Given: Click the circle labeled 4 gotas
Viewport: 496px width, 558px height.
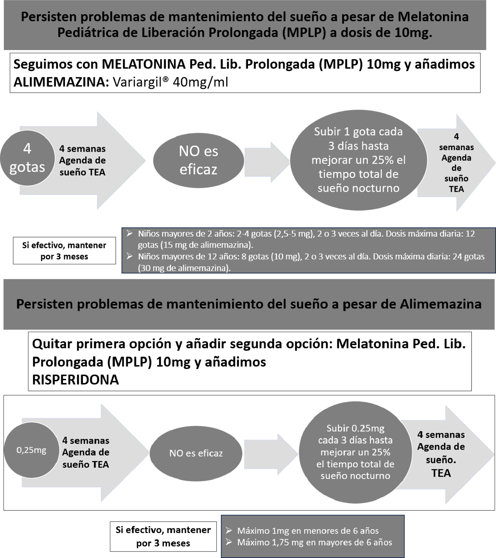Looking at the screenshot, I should coord(27,158).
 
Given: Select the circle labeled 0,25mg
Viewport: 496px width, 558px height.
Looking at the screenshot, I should coord(31,450).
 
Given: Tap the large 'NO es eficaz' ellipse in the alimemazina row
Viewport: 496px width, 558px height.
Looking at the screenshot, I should coord(198,160).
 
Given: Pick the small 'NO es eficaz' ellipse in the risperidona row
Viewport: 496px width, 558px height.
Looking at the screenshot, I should coord(196,453).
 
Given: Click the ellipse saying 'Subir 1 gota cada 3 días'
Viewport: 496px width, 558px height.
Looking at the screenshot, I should coord(358,160).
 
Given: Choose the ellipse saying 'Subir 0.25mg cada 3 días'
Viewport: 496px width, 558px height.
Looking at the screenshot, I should coord(355,452).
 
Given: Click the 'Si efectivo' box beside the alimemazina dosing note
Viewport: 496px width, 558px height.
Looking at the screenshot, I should coord(64,251).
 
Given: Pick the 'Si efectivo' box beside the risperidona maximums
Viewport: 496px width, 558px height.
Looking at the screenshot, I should coord(163,536).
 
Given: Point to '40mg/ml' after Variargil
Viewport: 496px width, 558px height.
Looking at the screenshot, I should coord(201,82).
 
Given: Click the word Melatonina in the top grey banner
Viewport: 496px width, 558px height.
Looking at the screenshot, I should coord(433,17).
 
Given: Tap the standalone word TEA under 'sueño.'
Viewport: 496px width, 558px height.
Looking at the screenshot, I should coord(441,473).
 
